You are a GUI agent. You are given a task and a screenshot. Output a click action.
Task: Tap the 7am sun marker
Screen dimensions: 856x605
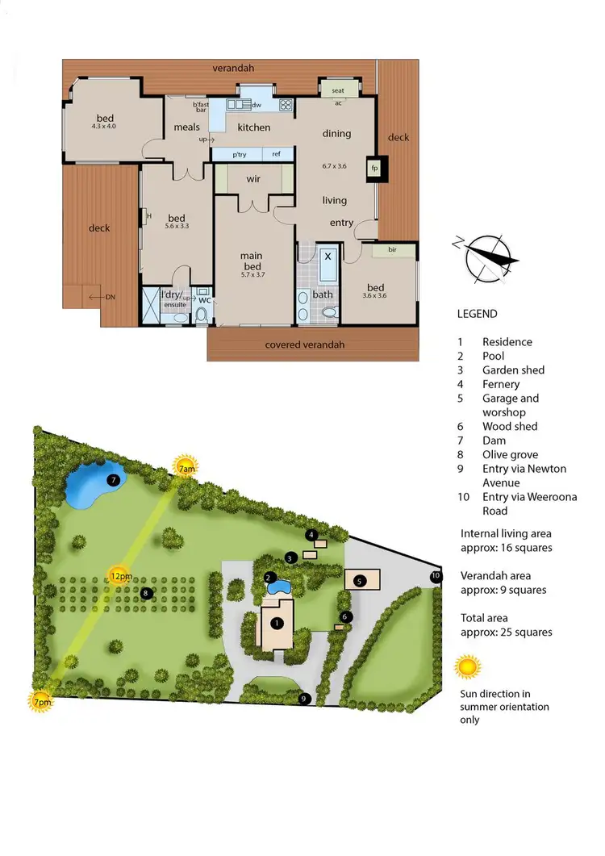tap(186, 467)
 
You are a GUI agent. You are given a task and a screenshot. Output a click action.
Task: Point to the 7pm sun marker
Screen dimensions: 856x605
tap(41, 701)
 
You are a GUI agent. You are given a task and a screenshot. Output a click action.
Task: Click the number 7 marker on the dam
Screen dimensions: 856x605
tap(114, 480)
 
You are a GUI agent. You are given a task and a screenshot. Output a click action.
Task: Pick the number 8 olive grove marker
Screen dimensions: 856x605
tap(146, 593)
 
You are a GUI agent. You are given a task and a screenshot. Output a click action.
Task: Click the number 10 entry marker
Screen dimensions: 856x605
tap(436, 576)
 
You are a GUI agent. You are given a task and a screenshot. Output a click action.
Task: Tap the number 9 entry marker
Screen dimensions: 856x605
tap(304, 699)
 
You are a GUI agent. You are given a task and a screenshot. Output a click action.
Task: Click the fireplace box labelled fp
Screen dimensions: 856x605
tap(375, 168)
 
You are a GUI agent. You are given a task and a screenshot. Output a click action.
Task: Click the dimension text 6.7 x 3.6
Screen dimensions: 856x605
tap(334, 166)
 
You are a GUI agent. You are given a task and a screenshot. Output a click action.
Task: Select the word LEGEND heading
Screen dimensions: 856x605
tap(477, 314)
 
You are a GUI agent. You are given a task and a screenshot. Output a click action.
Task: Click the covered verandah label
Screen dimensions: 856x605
tap(305, 344)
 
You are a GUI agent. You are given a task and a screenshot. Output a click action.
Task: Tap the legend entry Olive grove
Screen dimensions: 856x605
tap(510, 455)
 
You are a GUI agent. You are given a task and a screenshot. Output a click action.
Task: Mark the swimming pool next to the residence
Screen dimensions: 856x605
tap(280, 587)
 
